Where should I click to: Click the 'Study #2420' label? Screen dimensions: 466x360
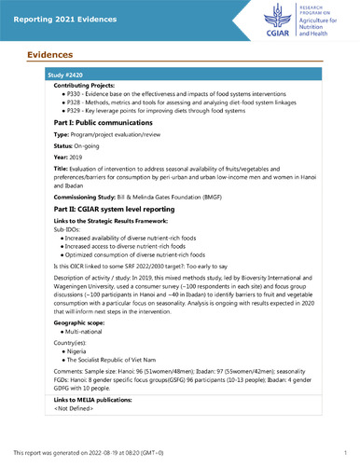click(63, 73)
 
